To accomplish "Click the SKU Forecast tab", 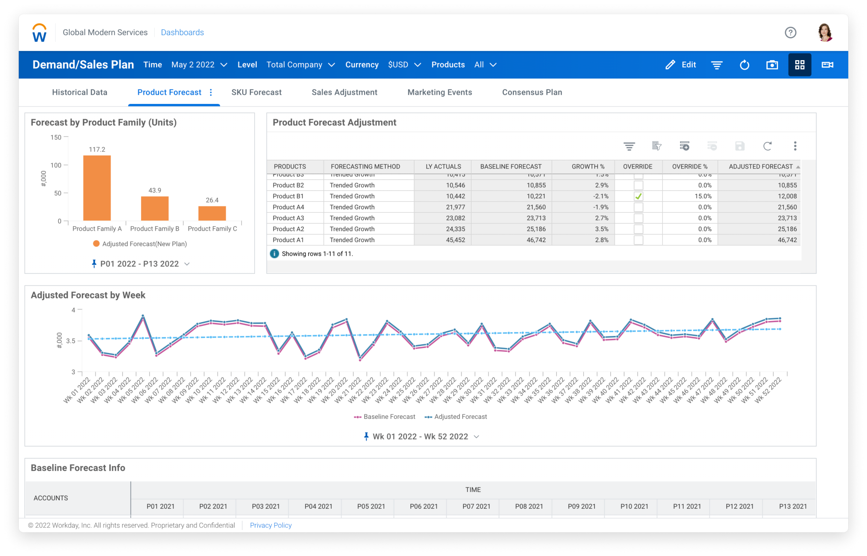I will (256, 92).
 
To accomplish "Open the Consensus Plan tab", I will (532, 92).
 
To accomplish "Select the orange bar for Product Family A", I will (97, 188).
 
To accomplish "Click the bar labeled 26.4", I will (212, 213).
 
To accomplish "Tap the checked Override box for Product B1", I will (638, 196).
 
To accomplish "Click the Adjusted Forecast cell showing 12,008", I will (787, 196).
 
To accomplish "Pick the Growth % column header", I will (588, 167).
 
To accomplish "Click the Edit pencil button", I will (681, 65).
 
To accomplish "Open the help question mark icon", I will (790, 33).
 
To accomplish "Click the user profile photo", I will (825, 33).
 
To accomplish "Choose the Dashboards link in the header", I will (182, 33).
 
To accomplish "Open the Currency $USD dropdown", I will (404, 65).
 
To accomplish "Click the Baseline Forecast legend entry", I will (385, 417).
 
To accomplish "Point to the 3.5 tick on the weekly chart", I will (71, 341).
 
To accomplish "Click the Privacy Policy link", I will (271, 525).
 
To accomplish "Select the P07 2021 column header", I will (476, 506).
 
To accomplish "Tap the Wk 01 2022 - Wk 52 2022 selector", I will (420, 437).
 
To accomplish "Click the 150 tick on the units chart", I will (56, 138).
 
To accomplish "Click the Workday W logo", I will (39, 33).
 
